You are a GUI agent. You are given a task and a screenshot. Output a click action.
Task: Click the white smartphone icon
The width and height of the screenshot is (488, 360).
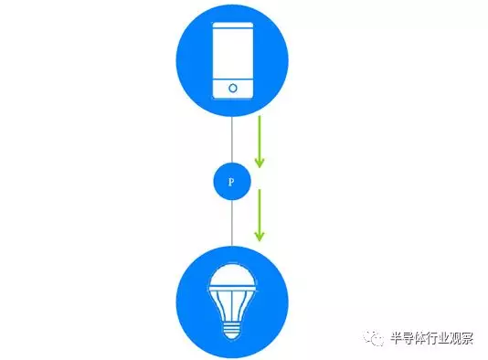point(233,60)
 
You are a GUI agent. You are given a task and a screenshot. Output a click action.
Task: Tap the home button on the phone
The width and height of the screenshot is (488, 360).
point(233,89)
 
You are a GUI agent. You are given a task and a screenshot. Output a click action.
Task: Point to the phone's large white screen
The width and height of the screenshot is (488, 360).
point(233,53)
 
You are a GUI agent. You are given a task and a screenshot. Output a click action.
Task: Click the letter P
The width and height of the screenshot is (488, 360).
point(232,182)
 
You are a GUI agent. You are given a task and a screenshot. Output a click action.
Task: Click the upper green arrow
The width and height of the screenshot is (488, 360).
point(260,142)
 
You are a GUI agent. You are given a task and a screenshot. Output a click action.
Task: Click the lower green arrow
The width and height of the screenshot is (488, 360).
point(260,215)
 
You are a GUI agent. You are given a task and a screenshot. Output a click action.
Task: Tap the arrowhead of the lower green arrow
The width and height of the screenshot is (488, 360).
point(260,236)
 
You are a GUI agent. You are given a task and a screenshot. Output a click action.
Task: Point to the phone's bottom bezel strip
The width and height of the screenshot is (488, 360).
point(233,89)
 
